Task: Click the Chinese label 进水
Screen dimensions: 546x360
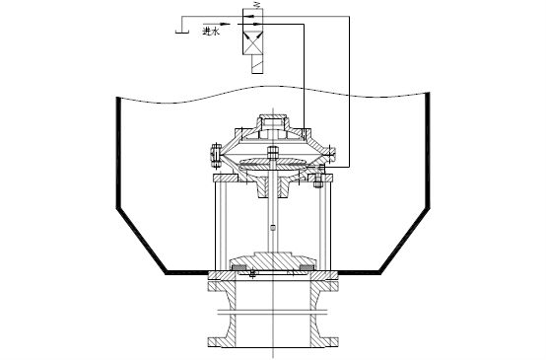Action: point(211,32)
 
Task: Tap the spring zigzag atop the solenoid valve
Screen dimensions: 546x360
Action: point(257,5)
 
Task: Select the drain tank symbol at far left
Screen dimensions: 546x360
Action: point(182,32)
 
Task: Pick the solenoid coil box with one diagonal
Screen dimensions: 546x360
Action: point(257,64)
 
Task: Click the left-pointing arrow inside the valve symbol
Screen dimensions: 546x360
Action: point(248,16)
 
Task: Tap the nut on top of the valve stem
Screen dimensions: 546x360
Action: point(272,152)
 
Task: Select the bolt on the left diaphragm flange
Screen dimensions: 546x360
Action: point(215,153)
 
